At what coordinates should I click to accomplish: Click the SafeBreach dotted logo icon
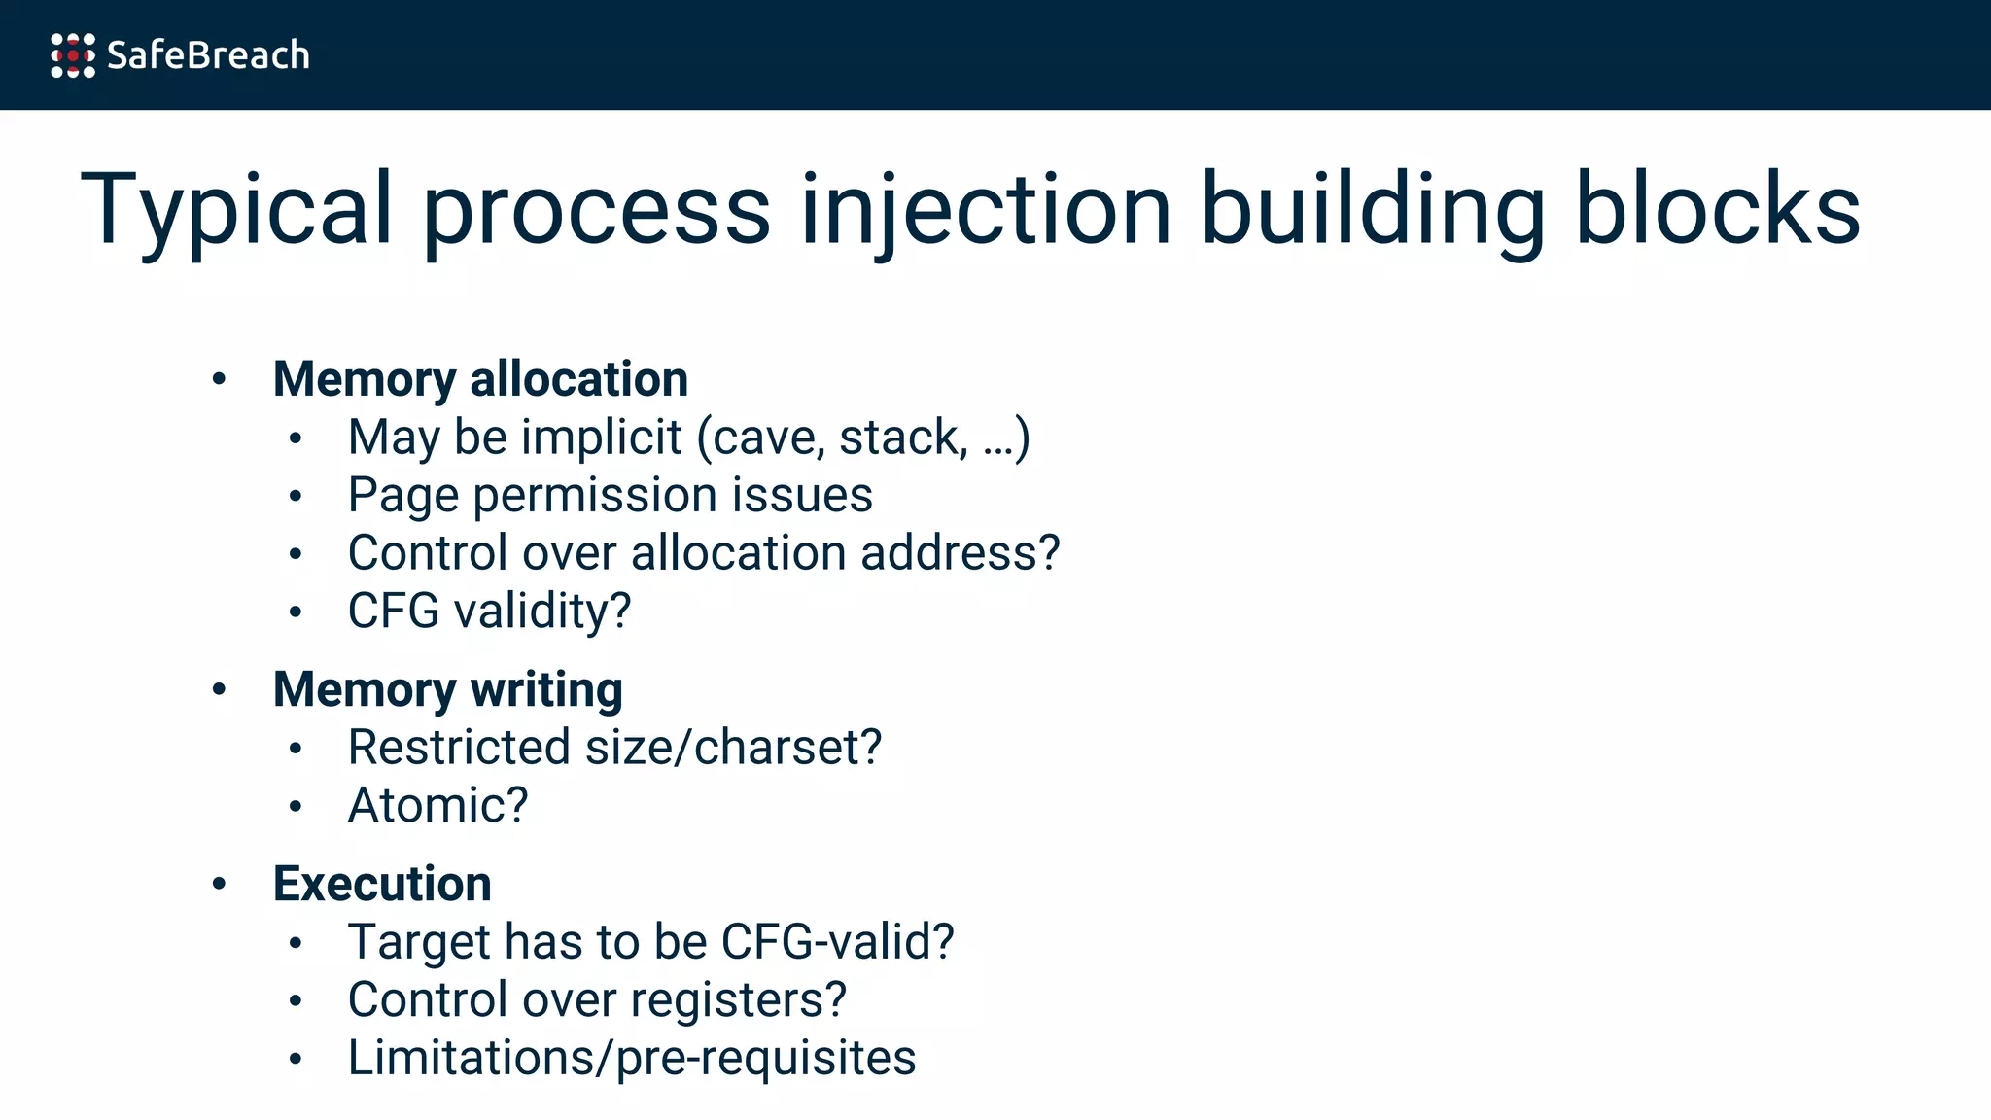73,55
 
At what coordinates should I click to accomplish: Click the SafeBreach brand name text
208,55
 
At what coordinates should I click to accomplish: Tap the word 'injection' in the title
986,209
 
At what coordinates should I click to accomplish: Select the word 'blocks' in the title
1717,209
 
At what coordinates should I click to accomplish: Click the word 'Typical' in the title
236,209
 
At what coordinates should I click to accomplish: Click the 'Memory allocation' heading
480,379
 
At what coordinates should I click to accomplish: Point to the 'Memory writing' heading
447,690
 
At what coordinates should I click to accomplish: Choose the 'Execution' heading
382,884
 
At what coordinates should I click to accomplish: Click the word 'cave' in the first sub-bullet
768,438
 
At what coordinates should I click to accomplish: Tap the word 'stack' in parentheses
902,437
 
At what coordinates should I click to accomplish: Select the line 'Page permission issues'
610,495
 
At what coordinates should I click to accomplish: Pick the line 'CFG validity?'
489,612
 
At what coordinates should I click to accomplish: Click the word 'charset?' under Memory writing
787,748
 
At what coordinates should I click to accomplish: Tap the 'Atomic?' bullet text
437,806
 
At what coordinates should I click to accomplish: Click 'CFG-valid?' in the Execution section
837,942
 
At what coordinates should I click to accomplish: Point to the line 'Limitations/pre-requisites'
632,1058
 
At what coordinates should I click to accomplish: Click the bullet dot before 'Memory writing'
220,689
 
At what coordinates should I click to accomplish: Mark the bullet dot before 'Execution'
220,883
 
